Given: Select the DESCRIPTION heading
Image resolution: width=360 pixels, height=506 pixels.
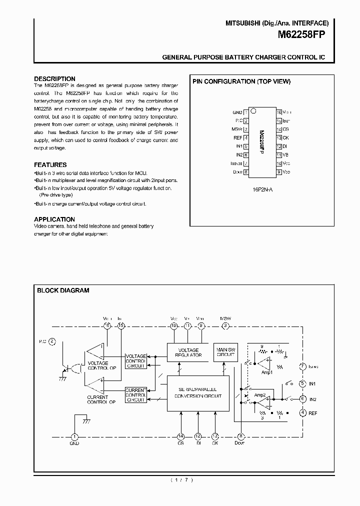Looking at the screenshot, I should pos(54,78).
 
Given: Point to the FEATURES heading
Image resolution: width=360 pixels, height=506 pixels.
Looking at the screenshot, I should pos(50,164).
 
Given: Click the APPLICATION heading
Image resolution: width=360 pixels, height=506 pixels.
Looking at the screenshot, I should pos(54,219).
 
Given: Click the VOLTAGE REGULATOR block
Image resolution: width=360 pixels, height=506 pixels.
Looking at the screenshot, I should pos(189,352).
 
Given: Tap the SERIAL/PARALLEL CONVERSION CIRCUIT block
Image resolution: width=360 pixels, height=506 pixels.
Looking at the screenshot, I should pos(198,392).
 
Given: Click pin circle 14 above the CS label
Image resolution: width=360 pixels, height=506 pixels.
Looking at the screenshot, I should pos(181,436).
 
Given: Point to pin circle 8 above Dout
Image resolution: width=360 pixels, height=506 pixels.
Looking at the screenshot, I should pos(241,436).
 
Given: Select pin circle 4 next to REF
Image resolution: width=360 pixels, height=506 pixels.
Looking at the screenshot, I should pos(302,413).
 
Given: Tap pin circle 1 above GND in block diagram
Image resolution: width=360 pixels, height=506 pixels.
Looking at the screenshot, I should pos(74,436).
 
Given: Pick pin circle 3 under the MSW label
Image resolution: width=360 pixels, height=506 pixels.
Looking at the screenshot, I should pos(225,325).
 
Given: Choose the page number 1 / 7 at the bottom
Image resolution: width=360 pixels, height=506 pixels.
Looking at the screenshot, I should pos(181,480).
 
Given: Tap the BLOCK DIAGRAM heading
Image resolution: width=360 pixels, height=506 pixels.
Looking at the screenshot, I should pos(63,290).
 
